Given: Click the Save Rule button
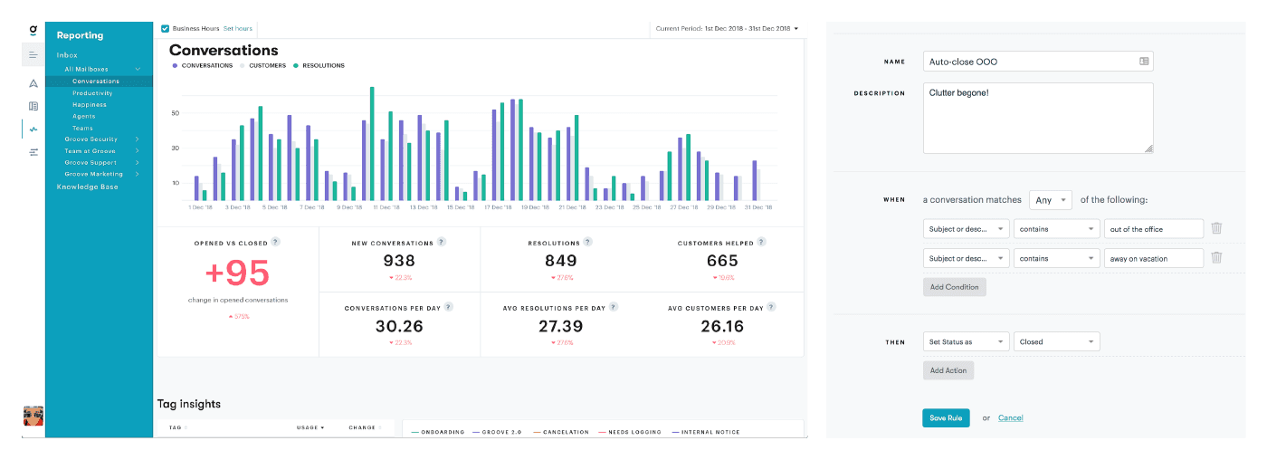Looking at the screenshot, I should (x=946, y=417).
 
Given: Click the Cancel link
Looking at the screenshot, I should (x=1010, y=417).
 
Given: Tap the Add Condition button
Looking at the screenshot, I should (x=954, y=286).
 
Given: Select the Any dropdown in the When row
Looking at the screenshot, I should (x=1050, y=200).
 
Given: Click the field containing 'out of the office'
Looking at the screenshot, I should (x=1153, y=229).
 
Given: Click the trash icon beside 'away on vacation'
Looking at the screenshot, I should (x=1216, y=258).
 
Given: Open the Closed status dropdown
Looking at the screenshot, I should (x=1056, y=342).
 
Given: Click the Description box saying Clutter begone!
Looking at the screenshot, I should (x=1037, y=118).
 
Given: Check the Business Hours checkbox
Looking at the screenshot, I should (x=165, y=29).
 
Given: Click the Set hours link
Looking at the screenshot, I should (x=238, y=29).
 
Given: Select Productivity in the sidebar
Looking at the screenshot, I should (x=92, y=93).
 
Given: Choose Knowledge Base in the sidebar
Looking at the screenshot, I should (x=87, y=187).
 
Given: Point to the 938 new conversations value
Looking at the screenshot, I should (x=399, y=261).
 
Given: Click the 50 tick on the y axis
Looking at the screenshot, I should (x=175, y=113).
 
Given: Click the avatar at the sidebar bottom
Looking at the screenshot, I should (x=33, y=416).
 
